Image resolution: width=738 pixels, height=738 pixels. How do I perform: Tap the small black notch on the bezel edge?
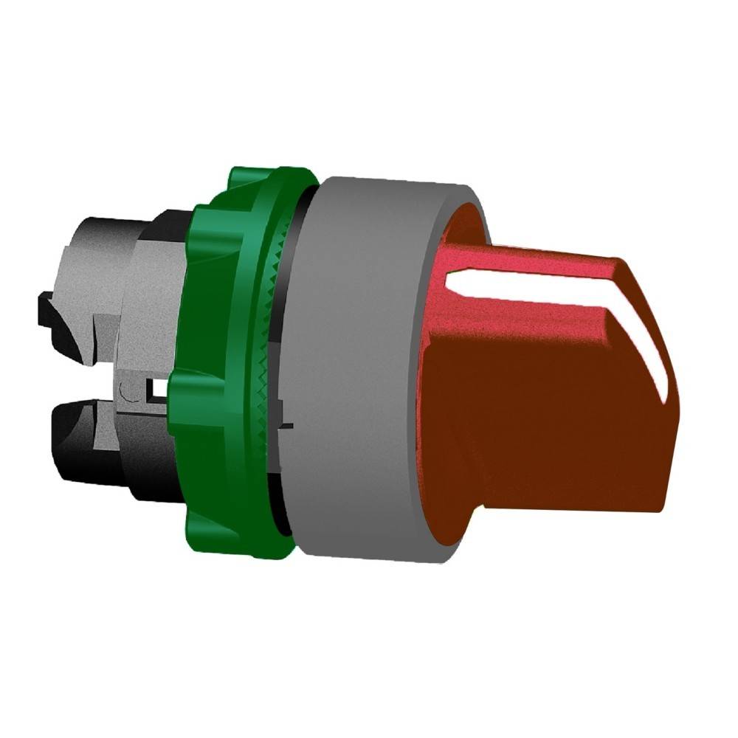click(x=288, y=426)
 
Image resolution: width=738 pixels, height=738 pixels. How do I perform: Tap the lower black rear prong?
click(x=81, y=443)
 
